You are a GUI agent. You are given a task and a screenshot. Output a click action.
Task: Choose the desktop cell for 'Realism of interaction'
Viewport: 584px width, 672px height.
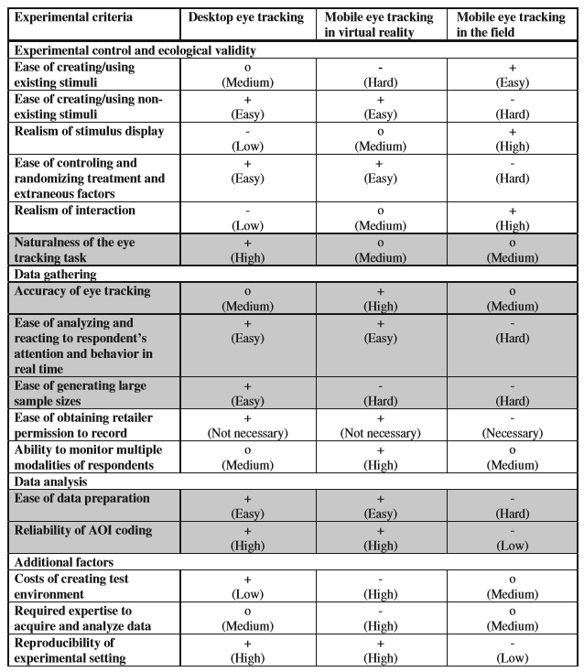point(248,218)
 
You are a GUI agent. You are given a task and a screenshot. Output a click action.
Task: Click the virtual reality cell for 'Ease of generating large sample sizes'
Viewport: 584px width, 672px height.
point(380,393)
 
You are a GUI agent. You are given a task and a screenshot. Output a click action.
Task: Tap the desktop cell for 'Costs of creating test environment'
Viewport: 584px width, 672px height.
point(248,587)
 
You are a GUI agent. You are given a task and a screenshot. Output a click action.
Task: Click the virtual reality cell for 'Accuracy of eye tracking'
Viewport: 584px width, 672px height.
point(380,298)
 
